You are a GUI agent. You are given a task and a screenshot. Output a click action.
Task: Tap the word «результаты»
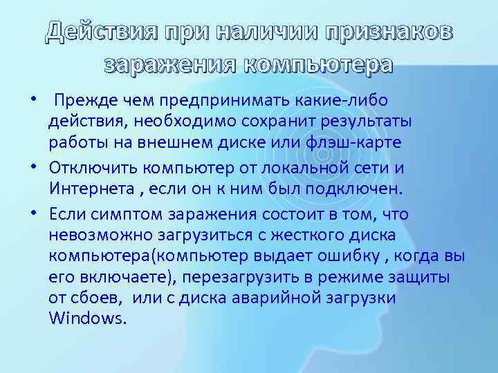pos(361,122)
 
